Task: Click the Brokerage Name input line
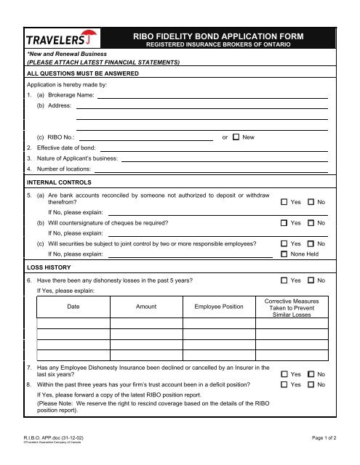(x=212, y=95)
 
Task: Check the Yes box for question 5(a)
(x=284, y=201)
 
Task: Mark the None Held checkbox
(x=284, y=254)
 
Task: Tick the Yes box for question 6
(x=284, y=280)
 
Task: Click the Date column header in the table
(x=73, y=307)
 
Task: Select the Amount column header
(x=146, y=307)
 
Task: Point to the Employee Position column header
(x=219, y=307)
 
